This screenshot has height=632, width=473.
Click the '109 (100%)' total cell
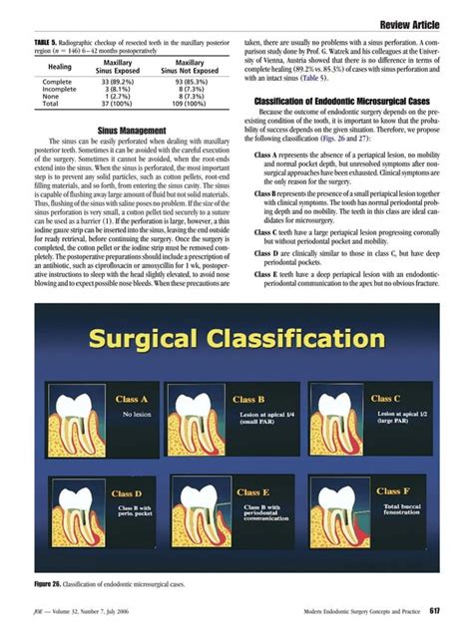click(x=189, y=103)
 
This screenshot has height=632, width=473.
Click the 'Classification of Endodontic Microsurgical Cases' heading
click(x=342, y=102)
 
